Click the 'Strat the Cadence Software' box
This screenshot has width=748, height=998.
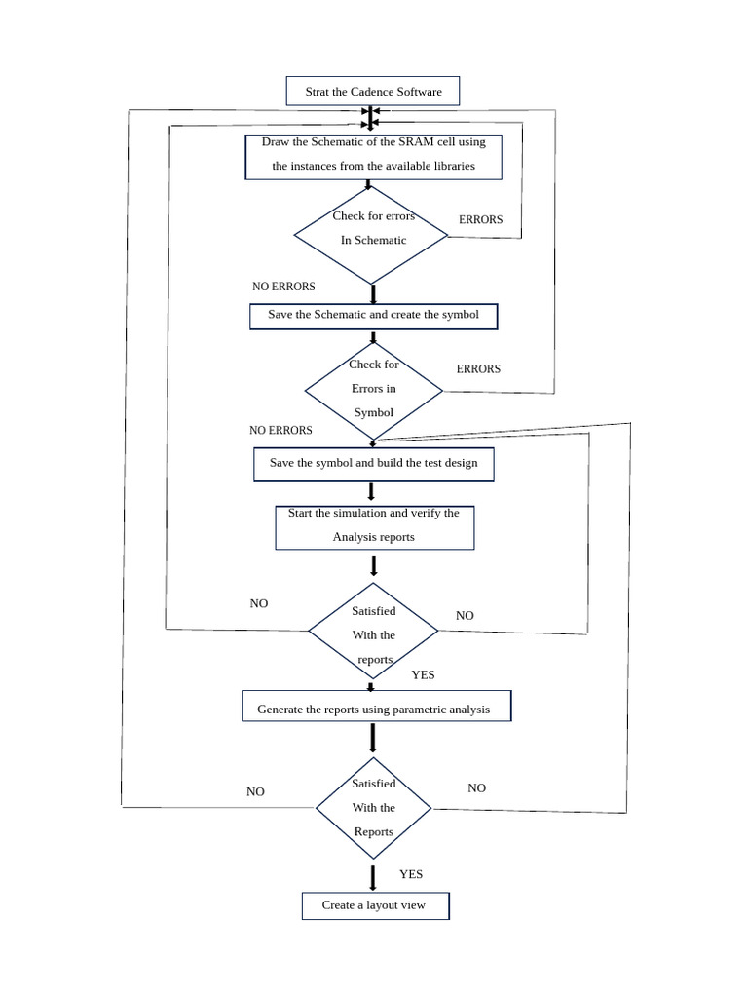tap(373, 92)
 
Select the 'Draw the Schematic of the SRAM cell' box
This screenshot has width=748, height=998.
tap(373, 157)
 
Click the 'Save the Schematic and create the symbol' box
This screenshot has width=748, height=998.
tap(373, 316)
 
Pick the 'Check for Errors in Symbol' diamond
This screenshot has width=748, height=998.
tap(374, 390)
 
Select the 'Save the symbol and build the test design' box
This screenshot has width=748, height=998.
tap(373, 464)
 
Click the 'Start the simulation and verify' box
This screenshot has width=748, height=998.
tap(374, 527)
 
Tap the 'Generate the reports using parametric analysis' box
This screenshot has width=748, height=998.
tap(376, 707)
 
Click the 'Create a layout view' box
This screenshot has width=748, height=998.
tap(375, 905)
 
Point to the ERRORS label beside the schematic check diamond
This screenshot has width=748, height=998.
tap(481, 220)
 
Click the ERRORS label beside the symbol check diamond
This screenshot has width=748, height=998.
tap(478, 369)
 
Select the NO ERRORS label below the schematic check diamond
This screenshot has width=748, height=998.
tap(283, 287)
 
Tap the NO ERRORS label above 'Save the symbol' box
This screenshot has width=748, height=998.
tap(280, 431)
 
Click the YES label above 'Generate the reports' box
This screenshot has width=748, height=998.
tap(423, 675)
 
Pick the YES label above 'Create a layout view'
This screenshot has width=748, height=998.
tap(411, 874)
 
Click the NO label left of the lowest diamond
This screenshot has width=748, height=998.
tap(255, 792)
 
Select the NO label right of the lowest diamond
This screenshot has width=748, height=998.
tap(476, 788)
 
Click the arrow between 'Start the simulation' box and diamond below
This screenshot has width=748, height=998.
tap(374, 565)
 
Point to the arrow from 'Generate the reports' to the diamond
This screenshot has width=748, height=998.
tap(373, 738)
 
